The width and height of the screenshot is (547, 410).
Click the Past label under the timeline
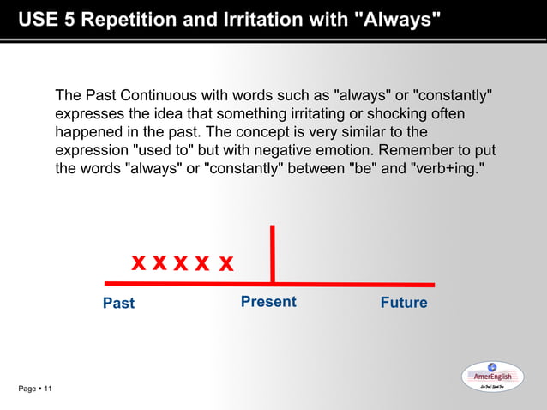[x=118, y=303]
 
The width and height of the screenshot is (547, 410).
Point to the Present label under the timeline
[x=268, y=302]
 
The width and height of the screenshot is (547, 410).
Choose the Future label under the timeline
[x=403, y=303]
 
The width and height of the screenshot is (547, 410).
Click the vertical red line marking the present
[x=273, y=254]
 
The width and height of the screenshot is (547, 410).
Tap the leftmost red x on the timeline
[x=138, y=262]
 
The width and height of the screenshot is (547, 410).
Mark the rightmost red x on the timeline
[x=225, y=262]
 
